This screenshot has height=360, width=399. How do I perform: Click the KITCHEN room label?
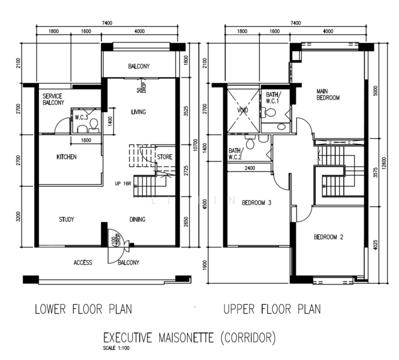[x=67, y=157]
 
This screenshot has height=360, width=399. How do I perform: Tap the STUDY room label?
[x=67, y=220]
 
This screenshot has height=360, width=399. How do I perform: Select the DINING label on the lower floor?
[x=137, y=220]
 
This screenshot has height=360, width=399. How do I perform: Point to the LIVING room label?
[x=138, y=112]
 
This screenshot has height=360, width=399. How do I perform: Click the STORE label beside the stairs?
[x=164, y=157]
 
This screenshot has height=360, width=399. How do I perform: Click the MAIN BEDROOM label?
[x=328, y=94]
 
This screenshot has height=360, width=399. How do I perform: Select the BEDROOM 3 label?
[x=257, y=203]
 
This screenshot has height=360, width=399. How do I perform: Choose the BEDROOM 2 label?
[x=329, y=237]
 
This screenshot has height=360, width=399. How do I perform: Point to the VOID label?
[x=243, y=111]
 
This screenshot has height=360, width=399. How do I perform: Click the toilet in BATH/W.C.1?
[x=270, y=112]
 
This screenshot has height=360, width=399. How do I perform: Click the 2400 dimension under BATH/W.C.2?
[x=250, y=169]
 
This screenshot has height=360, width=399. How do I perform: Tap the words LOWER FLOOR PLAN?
[x=83, y=310]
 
